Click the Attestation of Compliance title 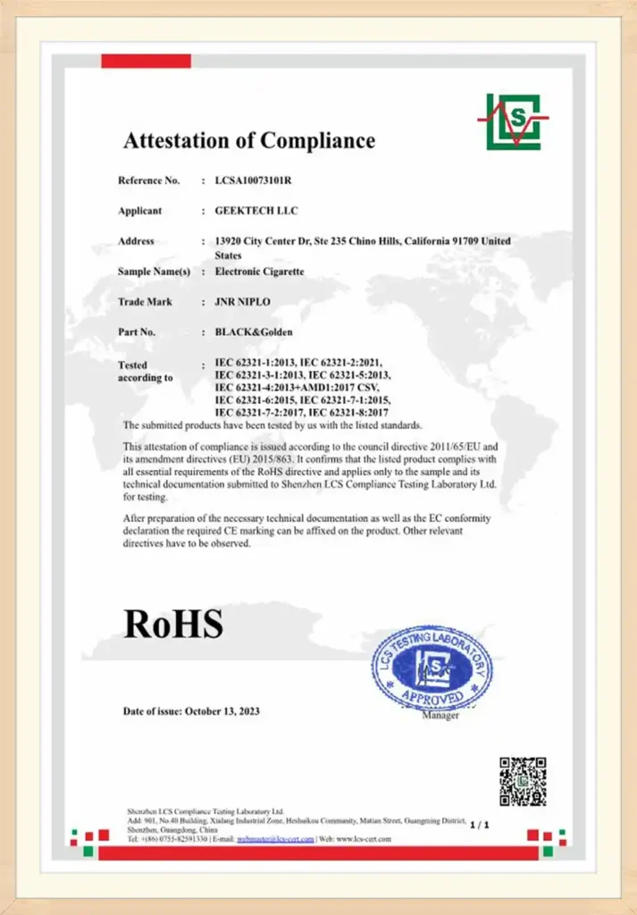pyautogui.click(x=248, y=140)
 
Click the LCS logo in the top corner pyautogui.click(x=513, y=121)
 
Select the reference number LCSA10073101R pyautogui.click(x=254, y=180)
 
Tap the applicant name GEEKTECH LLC pyautogui.click(x=256, y=211)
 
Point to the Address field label pyautogui.click(x=136, y=241)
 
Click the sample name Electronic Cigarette pyautogui.click(x=260, y=271)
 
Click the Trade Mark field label pyautogui.click(x=145, y=302)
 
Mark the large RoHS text pyautogui.click(x=172, y=623)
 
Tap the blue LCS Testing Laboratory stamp pyautogui.click(x=432, y=667)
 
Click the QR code pyautogui.click(x=523, y=781)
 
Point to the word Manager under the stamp pyautogui.click(x=440, y=716)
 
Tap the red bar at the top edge pyautogui.click(x=146, y=61)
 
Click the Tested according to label pyautogui.click(x=145, y=372)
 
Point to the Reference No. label pyautogui.click(x=148, y=180)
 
